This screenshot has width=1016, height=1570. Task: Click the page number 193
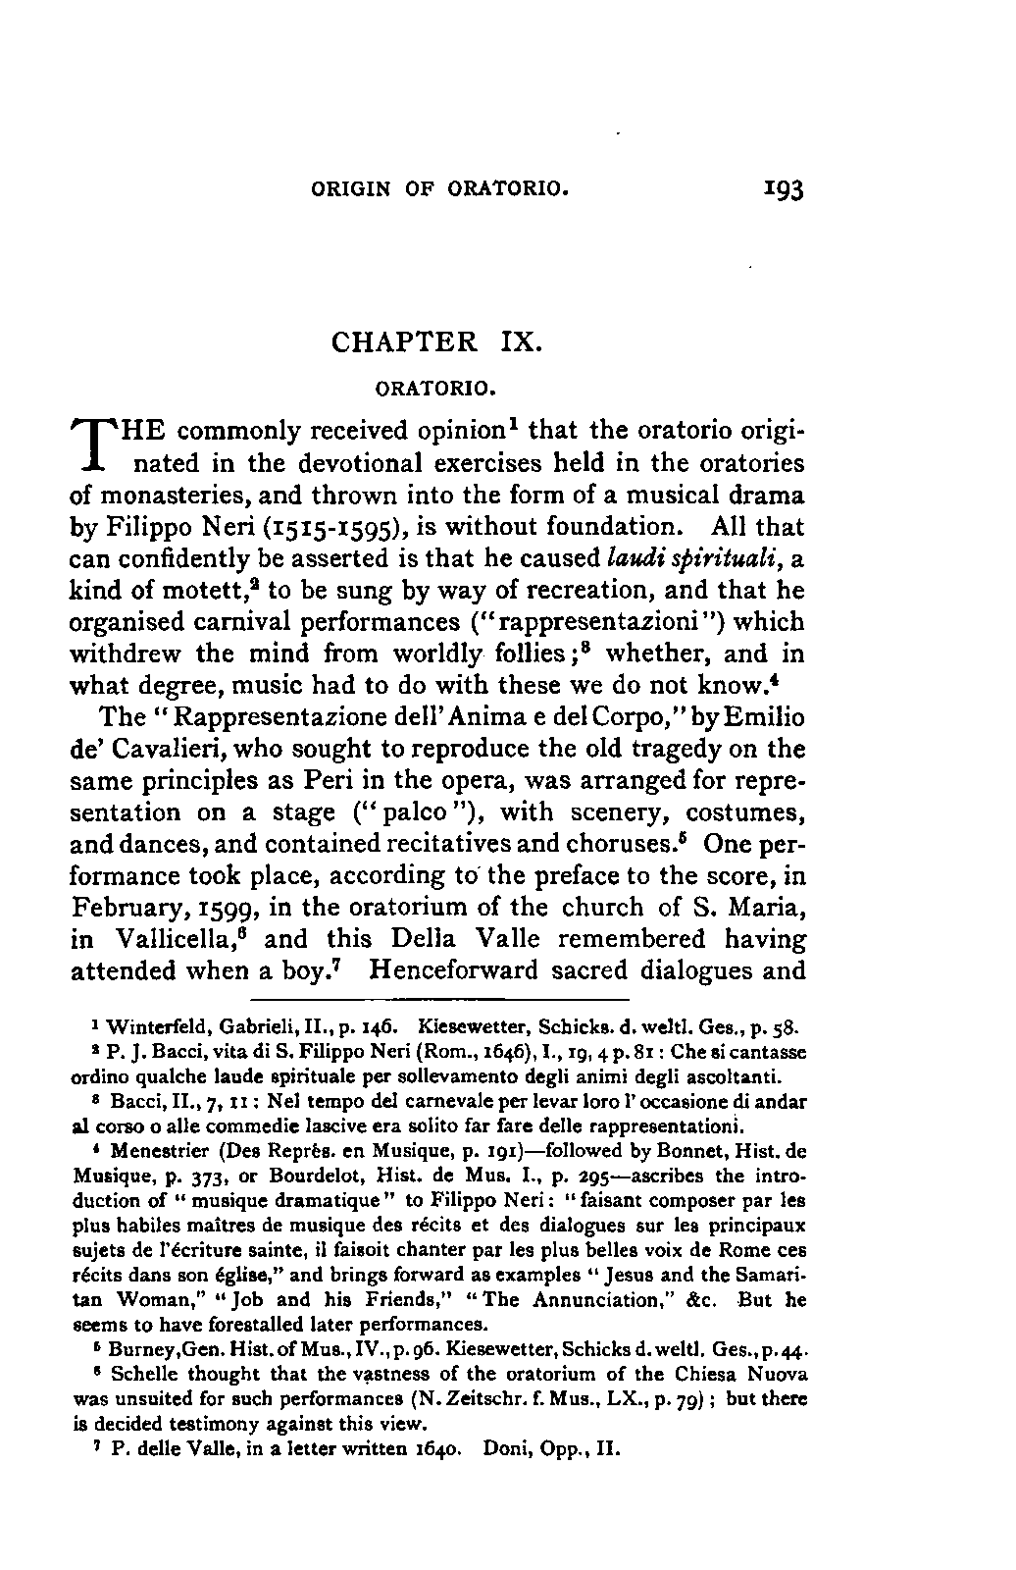click(x=782, y=187)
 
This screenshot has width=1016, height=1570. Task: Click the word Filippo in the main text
click(x=137, y=528)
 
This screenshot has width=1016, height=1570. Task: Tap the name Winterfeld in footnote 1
click(x=146, y=1029)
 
